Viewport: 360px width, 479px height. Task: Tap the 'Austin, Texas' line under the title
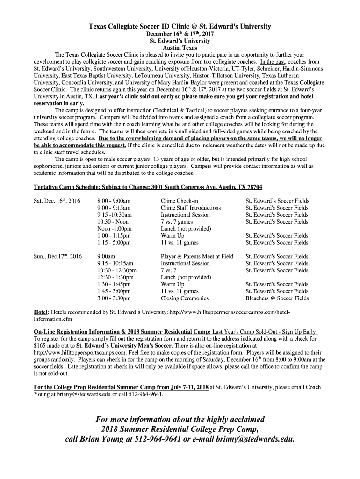[180, 48]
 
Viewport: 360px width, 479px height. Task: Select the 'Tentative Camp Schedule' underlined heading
[148, 187]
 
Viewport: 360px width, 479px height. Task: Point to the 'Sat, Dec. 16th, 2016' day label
[58, 201]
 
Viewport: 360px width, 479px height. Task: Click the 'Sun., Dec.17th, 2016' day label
[58, 256]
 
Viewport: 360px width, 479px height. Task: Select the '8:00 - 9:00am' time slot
[114, 201]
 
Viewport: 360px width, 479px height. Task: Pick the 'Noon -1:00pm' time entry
[114, 229]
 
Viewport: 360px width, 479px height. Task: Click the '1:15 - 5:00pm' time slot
[114, 243]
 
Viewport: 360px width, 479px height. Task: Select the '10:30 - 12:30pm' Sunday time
[117, 270]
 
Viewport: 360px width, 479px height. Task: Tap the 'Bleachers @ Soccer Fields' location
[277, 298]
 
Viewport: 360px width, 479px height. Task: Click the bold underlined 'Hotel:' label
[41, 312]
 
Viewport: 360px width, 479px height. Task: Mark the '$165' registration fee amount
[41, 345]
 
